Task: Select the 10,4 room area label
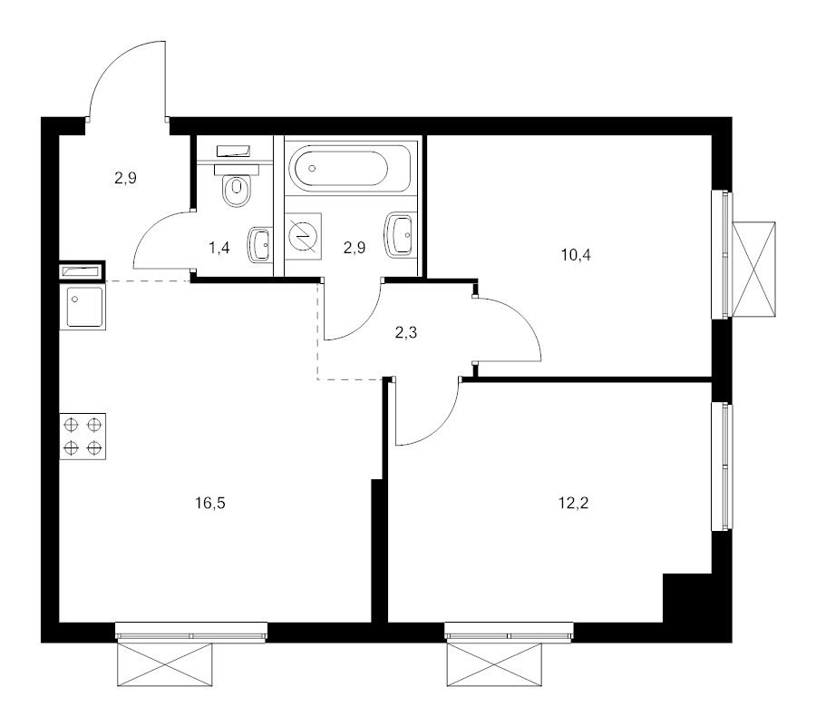(x=576, y=254)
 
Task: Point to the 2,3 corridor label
(x=405, y=332)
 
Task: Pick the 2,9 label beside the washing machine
(x=354, y=247)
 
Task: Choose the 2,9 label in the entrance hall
(x=125, y=178)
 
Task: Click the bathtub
(x=351, y=168)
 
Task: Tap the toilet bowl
(x=238, y=188)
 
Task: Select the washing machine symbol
(x=302, y=236)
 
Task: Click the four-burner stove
(x=83, y=436)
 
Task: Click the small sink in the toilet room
(x=260, y=243)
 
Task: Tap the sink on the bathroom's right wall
(x=401, y=236)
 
